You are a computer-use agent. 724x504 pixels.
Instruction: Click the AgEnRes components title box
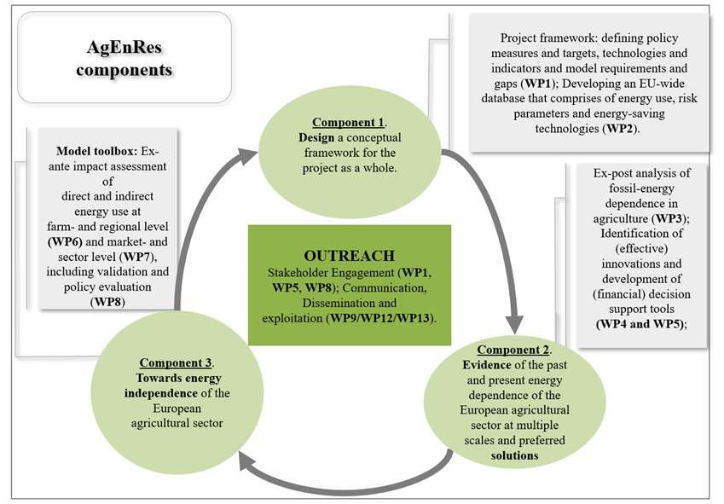124,57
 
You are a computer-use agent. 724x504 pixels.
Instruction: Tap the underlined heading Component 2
513,350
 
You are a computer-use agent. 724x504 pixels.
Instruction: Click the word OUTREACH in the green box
350,255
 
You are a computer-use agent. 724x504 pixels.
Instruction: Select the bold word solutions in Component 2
513,455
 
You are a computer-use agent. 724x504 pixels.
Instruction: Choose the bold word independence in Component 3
159,393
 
